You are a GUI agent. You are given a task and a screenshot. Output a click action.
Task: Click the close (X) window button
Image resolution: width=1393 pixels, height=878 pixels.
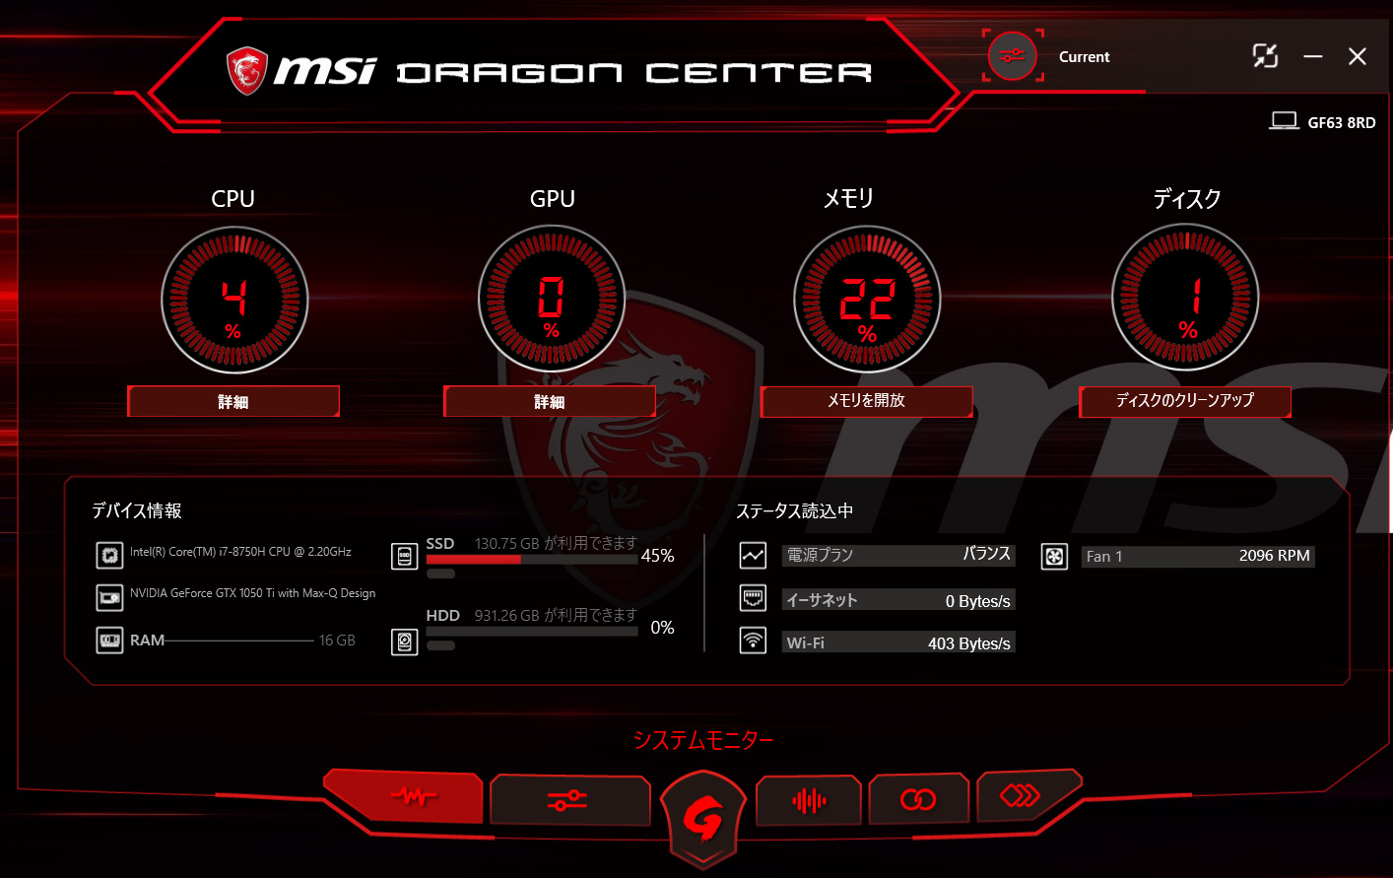coord(1357,56)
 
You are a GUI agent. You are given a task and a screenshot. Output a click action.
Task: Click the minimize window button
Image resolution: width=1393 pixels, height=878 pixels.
coord(1313,56)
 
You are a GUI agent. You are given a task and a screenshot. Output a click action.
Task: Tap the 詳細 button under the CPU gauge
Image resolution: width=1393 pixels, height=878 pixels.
coord(233,401)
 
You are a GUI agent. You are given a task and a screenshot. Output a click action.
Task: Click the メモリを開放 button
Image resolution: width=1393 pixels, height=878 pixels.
coord(866,401)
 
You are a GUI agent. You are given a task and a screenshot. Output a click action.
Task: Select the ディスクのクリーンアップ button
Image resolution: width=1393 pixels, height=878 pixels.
coord(1185,401)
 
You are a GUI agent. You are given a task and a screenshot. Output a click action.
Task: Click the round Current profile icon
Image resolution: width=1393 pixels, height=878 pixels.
coord(1013,56)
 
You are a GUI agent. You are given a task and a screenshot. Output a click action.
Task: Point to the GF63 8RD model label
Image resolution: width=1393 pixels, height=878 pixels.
coord(1342,122)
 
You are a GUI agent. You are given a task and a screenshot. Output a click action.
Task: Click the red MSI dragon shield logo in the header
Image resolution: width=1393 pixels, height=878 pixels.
coord(247,71)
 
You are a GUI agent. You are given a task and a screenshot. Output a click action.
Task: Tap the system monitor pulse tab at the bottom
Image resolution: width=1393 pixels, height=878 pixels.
coord(404,796)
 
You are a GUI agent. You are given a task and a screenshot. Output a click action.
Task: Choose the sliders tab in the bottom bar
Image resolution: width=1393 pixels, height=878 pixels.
coord(569,799)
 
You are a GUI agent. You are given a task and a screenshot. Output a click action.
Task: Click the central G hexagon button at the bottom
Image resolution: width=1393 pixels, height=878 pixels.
coord(703,818)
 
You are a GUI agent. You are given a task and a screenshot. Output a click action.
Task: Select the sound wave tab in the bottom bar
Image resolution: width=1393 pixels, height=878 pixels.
coord(809,800)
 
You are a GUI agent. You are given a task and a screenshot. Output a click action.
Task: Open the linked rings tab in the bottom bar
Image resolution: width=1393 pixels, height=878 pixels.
coord(918,799)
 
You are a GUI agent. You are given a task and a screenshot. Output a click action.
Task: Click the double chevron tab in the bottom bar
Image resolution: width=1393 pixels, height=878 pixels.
coord(1027,795)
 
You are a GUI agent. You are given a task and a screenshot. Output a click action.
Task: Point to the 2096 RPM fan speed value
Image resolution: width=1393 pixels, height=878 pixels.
coord(1274,556)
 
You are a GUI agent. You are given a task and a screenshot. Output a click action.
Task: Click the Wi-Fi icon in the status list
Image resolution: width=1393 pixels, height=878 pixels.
coord(753,641)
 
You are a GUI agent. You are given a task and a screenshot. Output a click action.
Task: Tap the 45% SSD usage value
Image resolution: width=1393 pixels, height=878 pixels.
coord(657,556)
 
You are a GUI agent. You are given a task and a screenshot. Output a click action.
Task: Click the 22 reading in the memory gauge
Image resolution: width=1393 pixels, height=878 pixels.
coord(868,299)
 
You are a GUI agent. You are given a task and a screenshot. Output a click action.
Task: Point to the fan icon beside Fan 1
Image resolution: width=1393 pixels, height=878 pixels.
coord(1054,557)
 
